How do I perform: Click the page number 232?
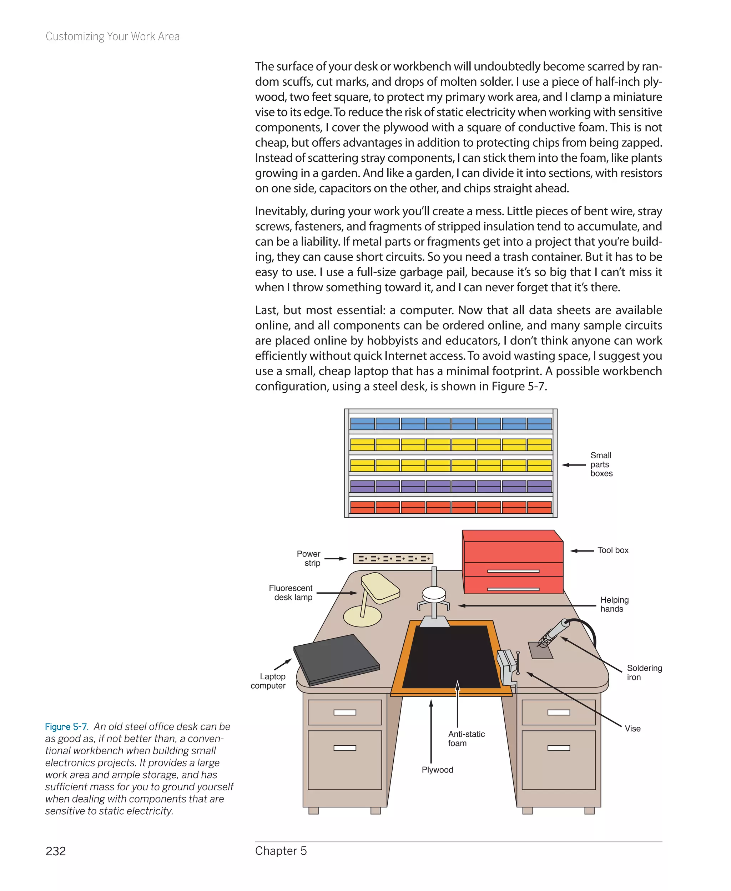click(56, 851)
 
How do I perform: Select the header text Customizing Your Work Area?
click(112, 37)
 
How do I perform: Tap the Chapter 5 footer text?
click(281, 851)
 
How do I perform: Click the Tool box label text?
click(612, 550)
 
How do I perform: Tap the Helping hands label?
click(614, 604)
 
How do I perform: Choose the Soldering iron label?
click(644, 673)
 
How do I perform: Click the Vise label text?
click(632, 729)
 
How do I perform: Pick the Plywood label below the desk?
click(438, 770)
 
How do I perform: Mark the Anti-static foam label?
click(466, 739)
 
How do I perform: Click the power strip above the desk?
click(393, 559)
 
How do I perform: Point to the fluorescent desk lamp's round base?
click(362, 617)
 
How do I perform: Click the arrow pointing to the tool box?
click(581, 551)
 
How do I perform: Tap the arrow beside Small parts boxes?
click(574, 465)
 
